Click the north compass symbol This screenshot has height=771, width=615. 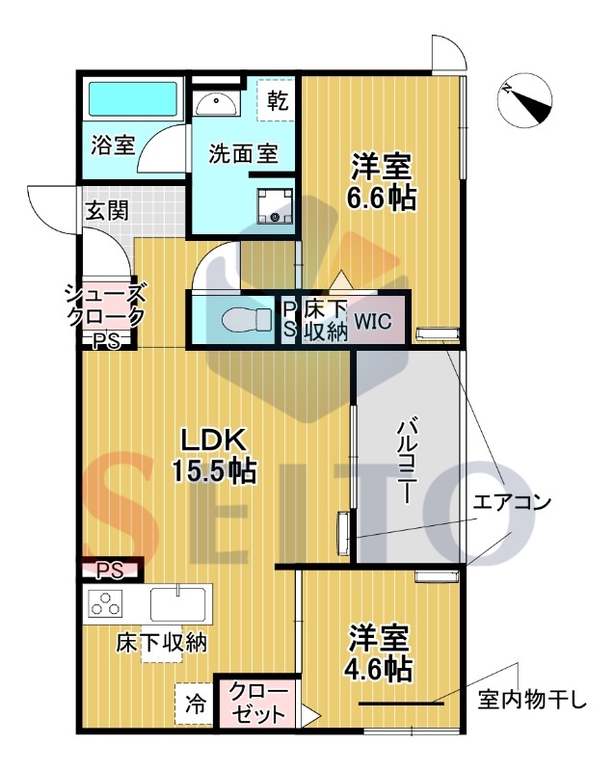[524, 101]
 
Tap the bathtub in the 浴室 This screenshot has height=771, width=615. [133, 99]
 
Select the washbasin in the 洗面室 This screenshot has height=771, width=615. [215, 104]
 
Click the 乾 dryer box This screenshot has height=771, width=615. [277, 100]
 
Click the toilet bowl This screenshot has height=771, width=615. [247, 321]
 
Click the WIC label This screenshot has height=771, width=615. [373, 321]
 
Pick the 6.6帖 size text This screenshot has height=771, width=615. [382, 199]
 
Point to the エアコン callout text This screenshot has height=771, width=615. [512, 502]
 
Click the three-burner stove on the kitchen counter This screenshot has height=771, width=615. [105, 603]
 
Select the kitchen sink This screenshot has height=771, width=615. [177, 603]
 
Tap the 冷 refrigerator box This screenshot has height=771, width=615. [195, 705]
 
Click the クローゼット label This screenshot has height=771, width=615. [258, 704]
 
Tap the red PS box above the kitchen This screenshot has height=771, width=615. [109, 571]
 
